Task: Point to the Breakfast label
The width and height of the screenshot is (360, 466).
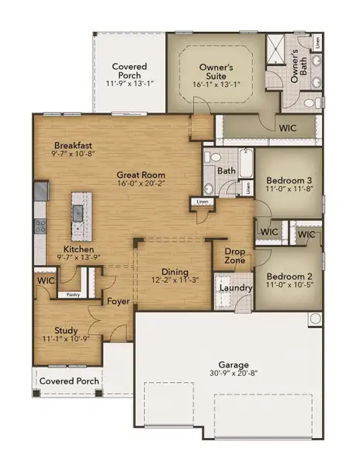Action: (74, 145)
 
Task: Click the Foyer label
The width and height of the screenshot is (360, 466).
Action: (118, 301)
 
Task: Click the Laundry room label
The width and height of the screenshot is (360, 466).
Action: (233, 289)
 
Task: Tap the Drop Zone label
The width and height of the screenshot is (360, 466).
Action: (234, 256)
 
